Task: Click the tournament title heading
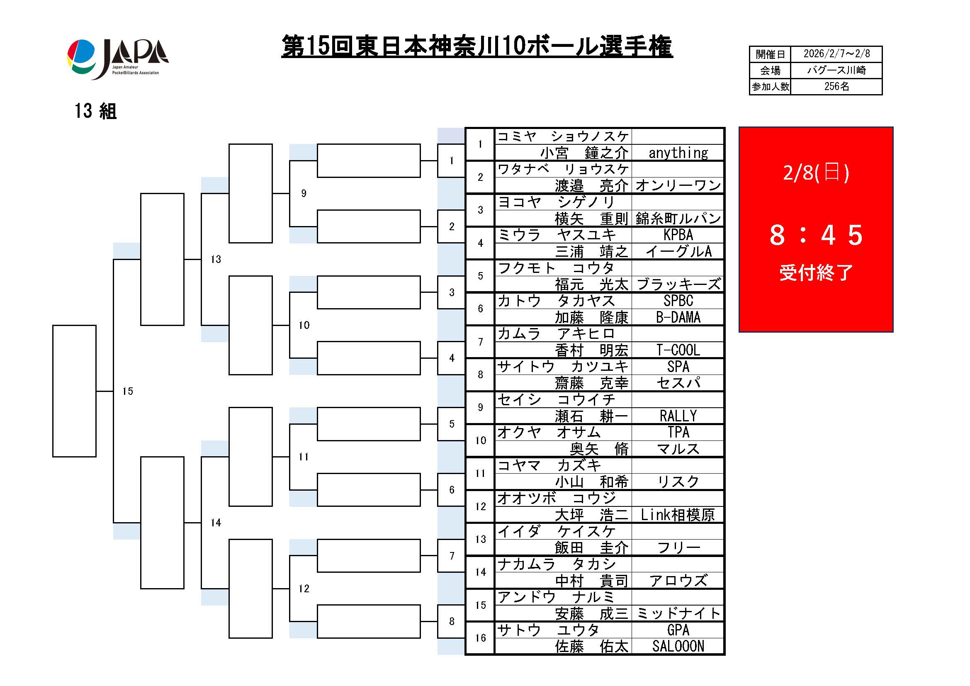point(476,46)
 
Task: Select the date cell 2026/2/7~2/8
point(836,54)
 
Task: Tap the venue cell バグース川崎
point(836,70)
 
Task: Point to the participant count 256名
point(836,87)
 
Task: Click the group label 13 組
point(95,111)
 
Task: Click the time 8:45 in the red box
point(815,235)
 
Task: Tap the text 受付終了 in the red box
point(815,272)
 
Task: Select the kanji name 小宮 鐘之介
point(584,153)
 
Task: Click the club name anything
point(678,153)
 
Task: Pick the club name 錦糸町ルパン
point(678,219)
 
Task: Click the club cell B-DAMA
point(678,317)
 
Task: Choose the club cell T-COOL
point(678,350)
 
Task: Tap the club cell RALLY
point(678,416)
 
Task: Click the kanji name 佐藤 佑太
point(591,647)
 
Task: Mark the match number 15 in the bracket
point(128,391)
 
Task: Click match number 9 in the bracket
point(303,193)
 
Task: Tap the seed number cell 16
point(480,638)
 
